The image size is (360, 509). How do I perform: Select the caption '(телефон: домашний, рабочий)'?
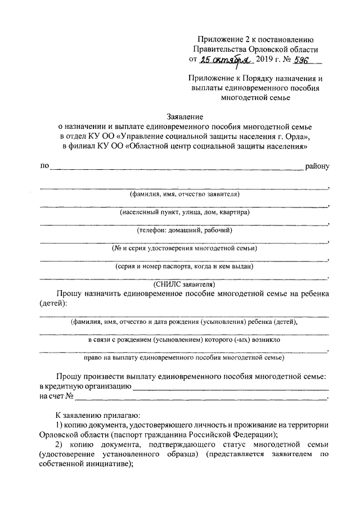click(184, 230)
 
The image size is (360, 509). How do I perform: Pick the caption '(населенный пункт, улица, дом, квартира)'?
click(184, 212)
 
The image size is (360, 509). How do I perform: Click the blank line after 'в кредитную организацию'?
click(231, 388)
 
